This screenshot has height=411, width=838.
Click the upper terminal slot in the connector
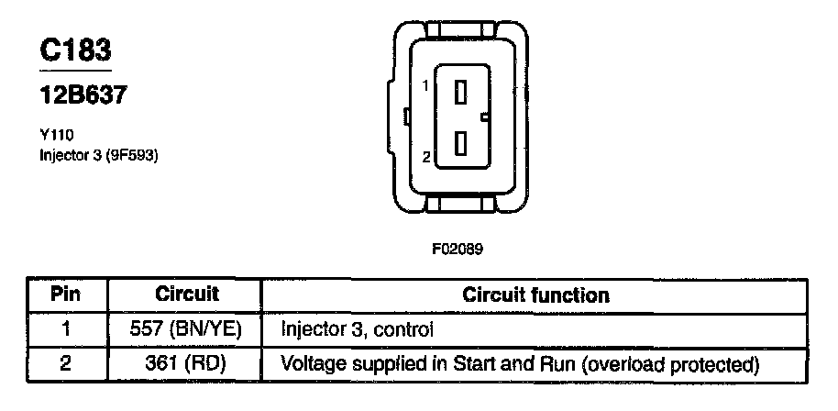[x=461, y=91]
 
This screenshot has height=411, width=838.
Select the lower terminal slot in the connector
[x=461, y=144]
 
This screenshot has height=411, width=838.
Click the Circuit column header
[x=186, y=294]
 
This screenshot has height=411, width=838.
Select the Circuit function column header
[x=535, y=295]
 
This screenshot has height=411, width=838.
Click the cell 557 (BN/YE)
[x=186, y=328]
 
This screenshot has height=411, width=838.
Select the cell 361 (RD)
[x=186, y=364]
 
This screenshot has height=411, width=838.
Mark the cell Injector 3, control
[x=357, y=328]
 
